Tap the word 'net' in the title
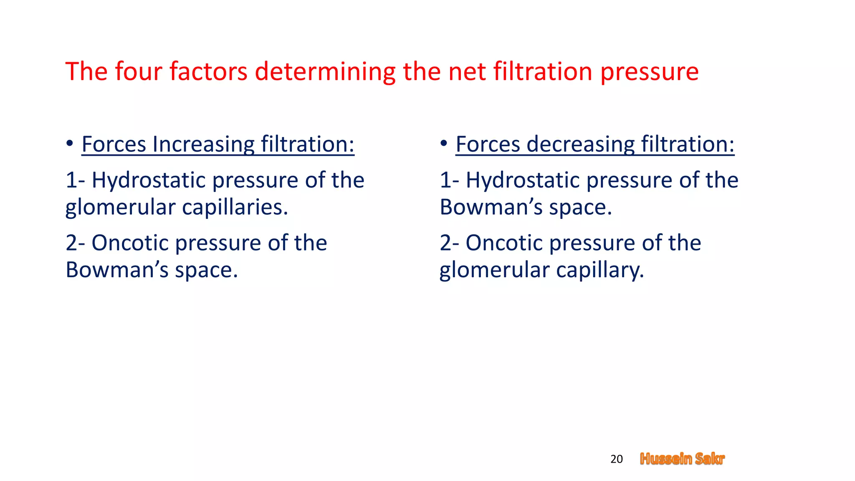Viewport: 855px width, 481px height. click(466, 72)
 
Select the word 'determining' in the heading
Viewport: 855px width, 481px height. click(325, 72)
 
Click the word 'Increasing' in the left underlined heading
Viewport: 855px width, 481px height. click(203, 144)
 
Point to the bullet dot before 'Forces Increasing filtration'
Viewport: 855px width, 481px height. click(70, 144)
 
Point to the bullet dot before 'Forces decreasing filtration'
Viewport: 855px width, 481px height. click(444, 144)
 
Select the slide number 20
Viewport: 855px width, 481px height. click(616, 459)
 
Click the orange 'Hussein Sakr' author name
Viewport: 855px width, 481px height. click(682, 459)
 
